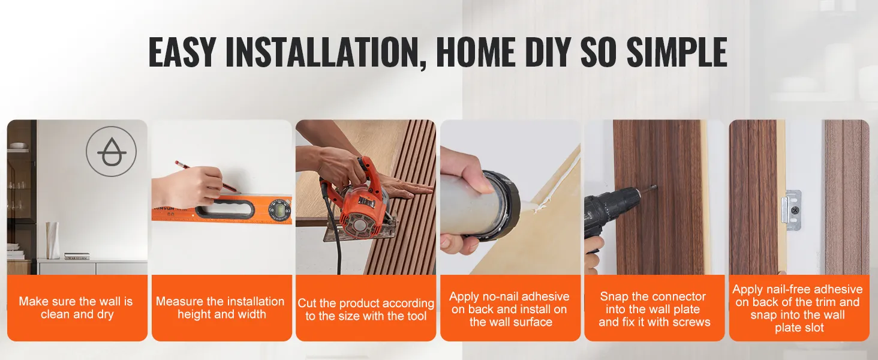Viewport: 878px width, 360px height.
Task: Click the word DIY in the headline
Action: tap(547, 52)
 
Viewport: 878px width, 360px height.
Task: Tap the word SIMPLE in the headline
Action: tap(677, 52)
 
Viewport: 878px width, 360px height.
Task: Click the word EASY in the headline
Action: tap(182, 52)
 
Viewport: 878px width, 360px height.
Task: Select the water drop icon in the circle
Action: tap(112, 151)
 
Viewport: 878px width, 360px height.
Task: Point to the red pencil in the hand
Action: tap(208, 177)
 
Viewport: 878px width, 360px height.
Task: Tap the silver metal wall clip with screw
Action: tap(791, 210)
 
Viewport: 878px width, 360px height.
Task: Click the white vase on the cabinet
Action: tap(53, 241)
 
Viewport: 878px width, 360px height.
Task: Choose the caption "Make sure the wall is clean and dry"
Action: tap(76, 308)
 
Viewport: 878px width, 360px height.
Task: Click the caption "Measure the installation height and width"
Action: tap(221, 308)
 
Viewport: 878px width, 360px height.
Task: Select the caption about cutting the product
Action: tap(366, 310)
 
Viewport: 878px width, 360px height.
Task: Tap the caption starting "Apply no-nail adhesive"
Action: tap(510, 310)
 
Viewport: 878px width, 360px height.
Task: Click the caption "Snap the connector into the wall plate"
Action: tap(654, 310)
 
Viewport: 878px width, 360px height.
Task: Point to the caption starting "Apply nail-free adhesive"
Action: tap(798, 308)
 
